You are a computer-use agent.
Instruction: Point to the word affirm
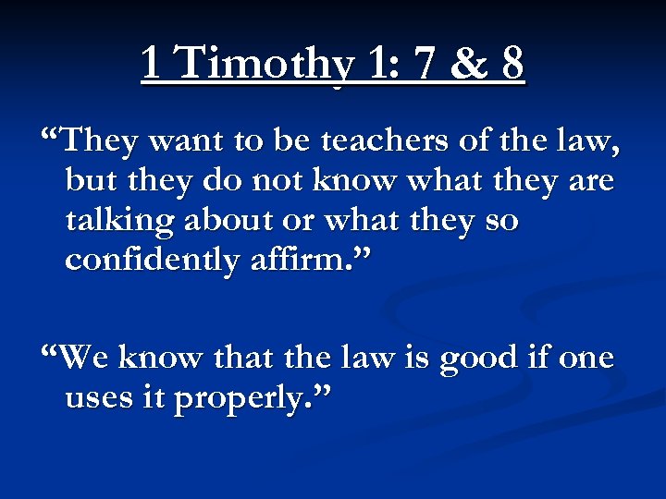[x=307, y=261]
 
